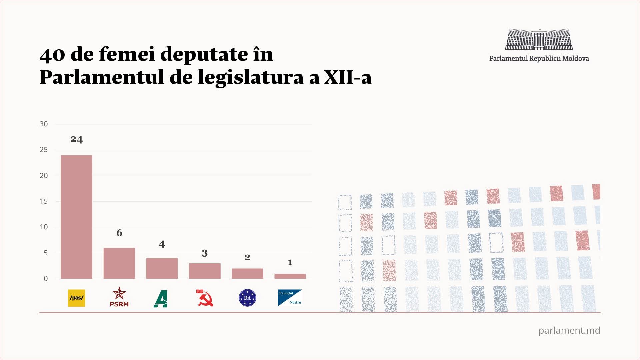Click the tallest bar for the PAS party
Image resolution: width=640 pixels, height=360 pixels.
pos(76,217)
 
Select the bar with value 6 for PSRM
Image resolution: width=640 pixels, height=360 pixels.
pos(119,263)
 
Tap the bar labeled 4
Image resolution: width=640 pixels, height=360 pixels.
pos(162,268)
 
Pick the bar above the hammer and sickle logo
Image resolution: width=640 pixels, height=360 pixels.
pos(204,271)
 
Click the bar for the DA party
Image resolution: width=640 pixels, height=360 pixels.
pos(247,274)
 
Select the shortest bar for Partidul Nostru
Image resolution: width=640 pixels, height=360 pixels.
pos(290,276)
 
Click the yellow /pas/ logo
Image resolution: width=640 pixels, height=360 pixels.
pos(76,298)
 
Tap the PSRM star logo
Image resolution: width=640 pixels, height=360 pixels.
pos(119,297)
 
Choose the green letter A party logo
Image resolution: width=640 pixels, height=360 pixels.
pos(161,298)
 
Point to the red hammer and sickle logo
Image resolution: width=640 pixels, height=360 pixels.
pos(205,298)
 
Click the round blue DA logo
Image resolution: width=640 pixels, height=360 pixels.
pos(247,298)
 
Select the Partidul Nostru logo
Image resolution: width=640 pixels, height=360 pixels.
pos(290,298)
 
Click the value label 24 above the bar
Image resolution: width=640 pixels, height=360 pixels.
pos(76,139)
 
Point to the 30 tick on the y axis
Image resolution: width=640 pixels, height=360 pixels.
pos(44,124)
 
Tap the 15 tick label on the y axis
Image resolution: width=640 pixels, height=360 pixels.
pos(44,201)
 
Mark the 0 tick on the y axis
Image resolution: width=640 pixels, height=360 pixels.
pos(46,279)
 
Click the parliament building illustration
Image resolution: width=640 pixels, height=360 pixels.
pos(539,39)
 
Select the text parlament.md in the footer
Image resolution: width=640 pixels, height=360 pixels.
pos(569,330)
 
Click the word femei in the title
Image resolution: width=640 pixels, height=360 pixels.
pos(127,54)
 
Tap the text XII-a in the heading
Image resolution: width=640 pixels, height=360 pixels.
pos(348,77)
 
